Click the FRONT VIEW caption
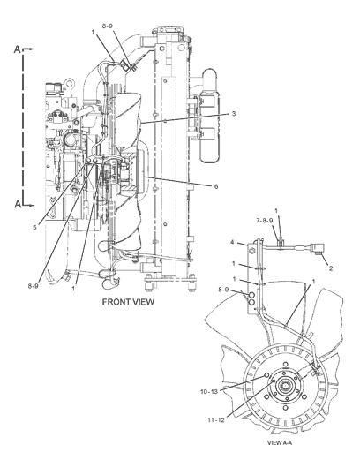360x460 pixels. pyautogui.click(x=128, y=302)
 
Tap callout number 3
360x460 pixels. pyautogui.click(x=233, y=114)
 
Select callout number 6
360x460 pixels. pyautogui.click(x=216, y=186)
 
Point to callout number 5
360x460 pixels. pyautogui.click(x=34, y=227)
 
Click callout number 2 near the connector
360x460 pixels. pyautogui.click(x=331, y=268)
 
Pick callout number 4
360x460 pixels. pyautogui.click(x=232, y=242)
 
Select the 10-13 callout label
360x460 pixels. pyautogui.click(x=209, y=392)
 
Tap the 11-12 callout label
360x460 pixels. pyautogui.click(x=216, y=420)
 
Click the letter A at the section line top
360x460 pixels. pyautogui.click(x=18, y=49)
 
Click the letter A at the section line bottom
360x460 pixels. pyautogui.click(x=19, y=204)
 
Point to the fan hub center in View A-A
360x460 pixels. pyautogui.click(x=285, y=386)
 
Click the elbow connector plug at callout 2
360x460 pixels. pyautogui.click(x=317, y=247)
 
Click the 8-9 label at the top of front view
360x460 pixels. pyautogui.click(x=108, y=26)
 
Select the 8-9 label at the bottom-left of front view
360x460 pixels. pyautogui.click(x=33, y=286)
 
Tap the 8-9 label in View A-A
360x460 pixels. pyautogui.click(x=223, y=290)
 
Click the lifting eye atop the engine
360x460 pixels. pyautogui.click(x=68, y=83)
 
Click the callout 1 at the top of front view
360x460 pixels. pyautogui.click(x=93, y=32)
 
